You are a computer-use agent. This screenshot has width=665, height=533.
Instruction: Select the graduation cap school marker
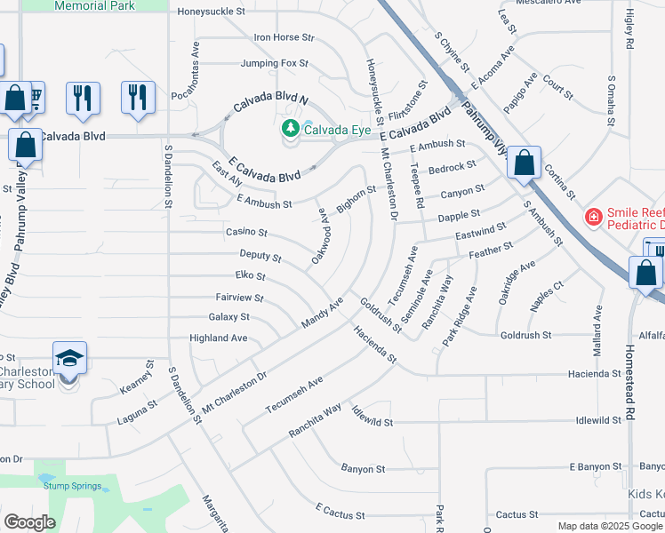click(69, 358)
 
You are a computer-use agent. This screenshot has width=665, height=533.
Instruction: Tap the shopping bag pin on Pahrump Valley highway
click(525, 163)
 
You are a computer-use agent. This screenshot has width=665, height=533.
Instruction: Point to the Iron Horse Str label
click(284, 38)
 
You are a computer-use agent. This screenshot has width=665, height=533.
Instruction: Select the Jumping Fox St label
click(275, 64)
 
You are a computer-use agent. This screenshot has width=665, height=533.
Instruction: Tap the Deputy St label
click(260, 256)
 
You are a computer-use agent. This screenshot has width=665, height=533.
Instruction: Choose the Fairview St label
click(239, 298)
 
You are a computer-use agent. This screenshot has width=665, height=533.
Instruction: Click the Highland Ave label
click(219, 338)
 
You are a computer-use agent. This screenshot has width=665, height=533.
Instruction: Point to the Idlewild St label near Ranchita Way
click(371, 417)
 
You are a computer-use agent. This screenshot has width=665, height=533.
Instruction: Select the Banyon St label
click(363, 468)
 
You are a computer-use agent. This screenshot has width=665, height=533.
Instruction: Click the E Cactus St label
click(342, 511)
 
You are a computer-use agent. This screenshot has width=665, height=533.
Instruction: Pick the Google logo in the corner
click(29, 522)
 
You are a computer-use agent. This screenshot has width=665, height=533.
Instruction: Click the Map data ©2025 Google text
click(610, 527)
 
